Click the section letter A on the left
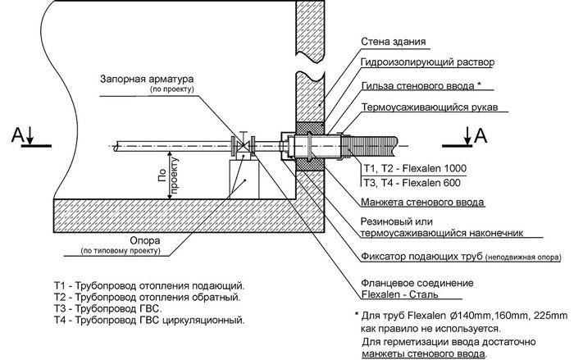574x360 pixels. (x=16, y=134)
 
